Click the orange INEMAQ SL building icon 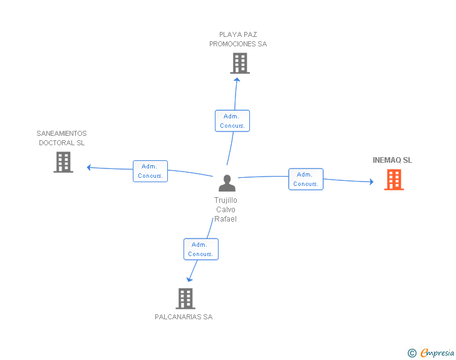coord(393,180)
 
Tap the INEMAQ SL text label coord(392,160)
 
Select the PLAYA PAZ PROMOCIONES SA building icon coord(239,63)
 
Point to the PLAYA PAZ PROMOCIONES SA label coord(238,39)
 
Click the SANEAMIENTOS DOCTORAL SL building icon coord(63,162)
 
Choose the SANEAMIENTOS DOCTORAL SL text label coord(61,138)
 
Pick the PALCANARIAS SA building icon coord(185,299)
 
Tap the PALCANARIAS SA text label coord(184,317)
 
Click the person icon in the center coord(227,183)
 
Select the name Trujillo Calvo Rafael coord(225,210)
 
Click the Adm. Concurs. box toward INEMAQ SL coord(306,179)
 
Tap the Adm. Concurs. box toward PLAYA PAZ coord(232,121)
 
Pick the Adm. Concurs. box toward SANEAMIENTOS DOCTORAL coord(150,171)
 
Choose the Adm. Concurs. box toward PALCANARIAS coord(200,249)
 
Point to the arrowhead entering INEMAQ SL coord(371,182)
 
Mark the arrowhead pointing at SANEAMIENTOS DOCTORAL coord(90,167)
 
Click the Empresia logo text coord(438,352)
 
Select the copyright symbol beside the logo coord(412,353)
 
